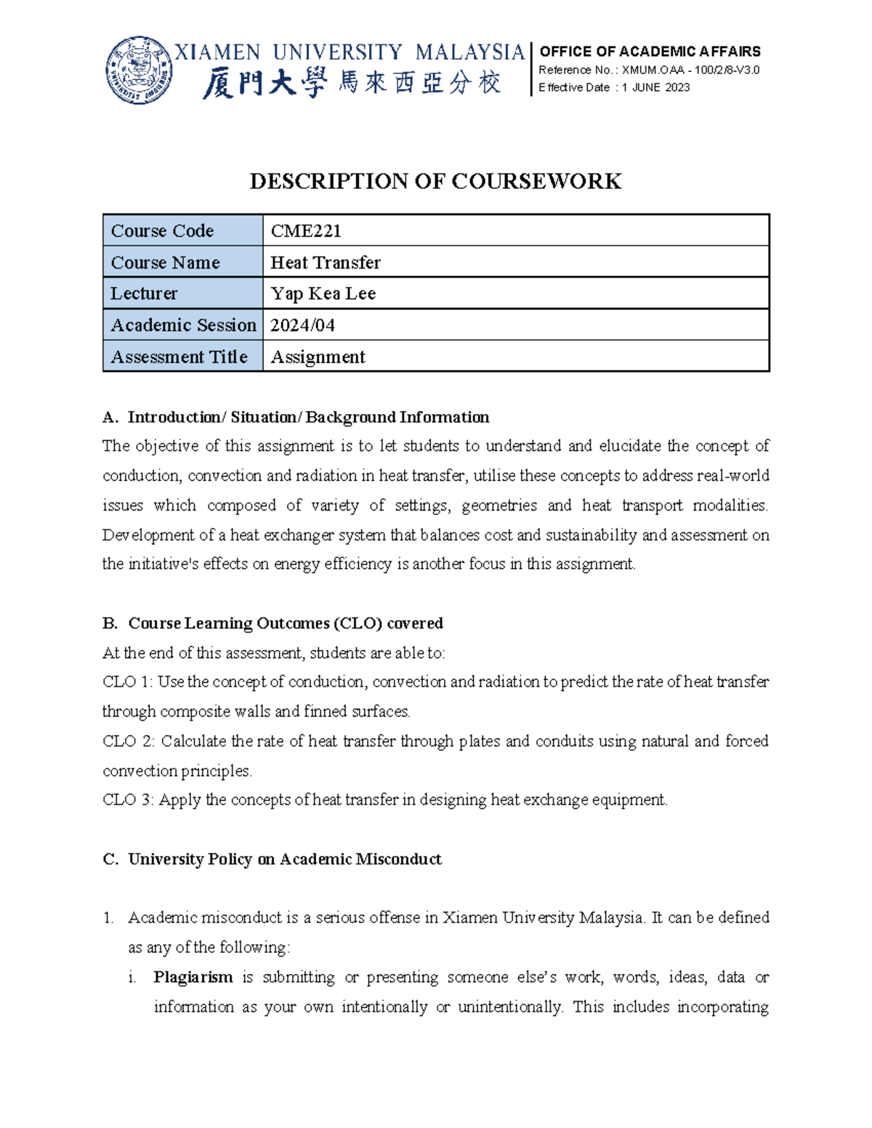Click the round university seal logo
point(140,70)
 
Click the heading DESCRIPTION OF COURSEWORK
point(435,181)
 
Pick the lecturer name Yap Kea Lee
point(323,293)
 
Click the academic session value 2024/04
point(302,325)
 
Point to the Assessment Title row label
point(179,357)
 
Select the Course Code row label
point(162,231)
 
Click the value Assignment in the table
point(318,357)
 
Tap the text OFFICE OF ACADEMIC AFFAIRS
point(650,52)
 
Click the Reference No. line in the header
point(648,70)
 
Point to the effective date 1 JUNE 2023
point(655,87)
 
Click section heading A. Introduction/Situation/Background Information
point(296,417)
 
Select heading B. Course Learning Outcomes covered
point(273,623)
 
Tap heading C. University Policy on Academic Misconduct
point(272,859)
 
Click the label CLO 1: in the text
point(128,682)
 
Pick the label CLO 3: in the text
point(128,800)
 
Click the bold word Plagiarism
point(193,977)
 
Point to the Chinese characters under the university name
point(352,84)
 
